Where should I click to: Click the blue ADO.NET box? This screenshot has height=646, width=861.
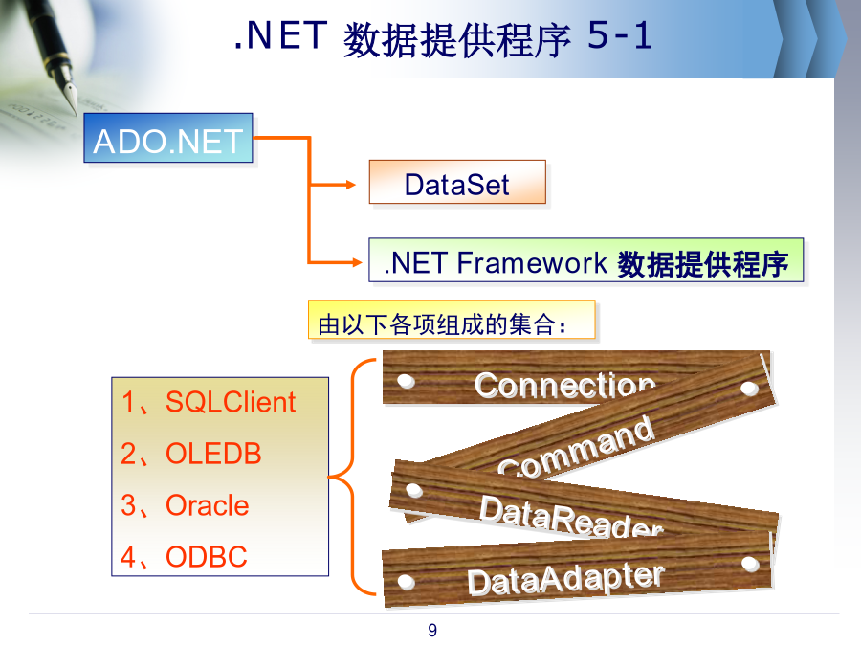coord(168,138)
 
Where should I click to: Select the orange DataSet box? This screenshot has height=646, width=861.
coord(457,182)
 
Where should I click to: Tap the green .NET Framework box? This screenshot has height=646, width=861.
coord(585,259)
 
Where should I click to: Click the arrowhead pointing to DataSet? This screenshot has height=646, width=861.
coord(350,185)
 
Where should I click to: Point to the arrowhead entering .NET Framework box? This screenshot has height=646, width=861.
coord(357,262)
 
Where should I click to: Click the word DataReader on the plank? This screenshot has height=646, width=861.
coord(571,517)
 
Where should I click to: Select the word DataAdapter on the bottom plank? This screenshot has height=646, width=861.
coord(565,579)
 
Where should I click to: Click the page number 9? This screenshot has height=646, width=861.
coord(432,630)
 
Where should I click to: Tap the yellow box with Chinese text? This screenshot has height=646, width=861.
coord(452,321)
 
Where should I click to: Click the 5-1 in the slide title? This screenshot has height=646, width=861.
coord(619,35)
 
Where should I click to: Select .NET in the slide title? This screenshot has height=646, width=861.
coord(280,35)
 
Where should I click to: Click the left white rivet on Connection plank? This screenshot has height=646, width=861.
coord(406,381)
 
